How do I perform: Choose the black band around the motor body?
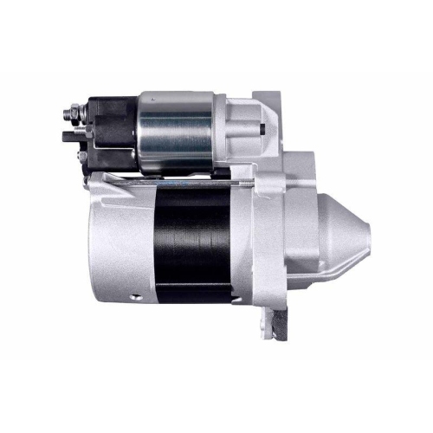coord(191,238)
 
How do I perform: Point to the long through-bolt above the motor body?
coord(173,180)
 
